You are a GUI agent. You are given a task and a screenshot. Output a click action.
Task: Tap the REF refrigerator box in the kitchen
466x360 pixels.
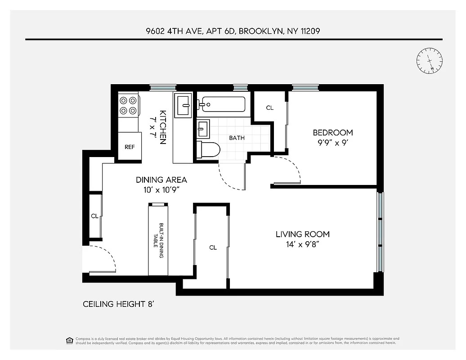130,147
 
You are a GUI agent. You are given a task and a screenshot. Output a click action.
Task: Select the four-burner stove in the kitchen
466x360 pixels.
128,105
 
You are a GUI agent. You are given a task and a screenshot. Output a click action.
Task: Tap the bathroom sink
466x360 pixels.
203,129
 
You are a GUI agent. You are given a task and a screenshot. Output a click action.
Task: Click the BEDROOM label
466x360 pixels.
332,133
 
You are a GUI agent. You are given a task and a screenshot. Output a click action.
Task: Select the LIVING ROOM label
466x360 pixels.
302,234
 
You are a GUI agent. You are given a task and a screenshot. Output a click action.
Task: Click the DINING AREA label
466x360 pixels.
161,180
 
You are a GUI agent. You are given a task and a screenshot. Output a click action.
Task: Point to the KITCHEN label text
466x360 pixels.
163,127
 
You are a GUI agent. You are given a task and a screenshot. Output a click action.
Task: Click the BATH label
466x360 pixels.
237,138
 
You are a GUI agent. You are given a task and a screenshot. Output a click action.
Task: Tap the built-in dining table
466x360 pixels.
158,240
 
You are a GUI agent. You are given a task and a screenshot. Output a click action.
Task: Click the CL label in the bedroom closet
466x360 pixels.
269,108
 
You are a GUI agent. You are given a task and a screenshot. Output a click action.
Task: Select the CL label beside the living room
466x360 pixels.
213,247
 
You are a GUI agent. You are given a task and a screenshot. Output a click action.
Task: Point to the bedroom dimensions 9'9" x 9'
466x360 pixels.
332,143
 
